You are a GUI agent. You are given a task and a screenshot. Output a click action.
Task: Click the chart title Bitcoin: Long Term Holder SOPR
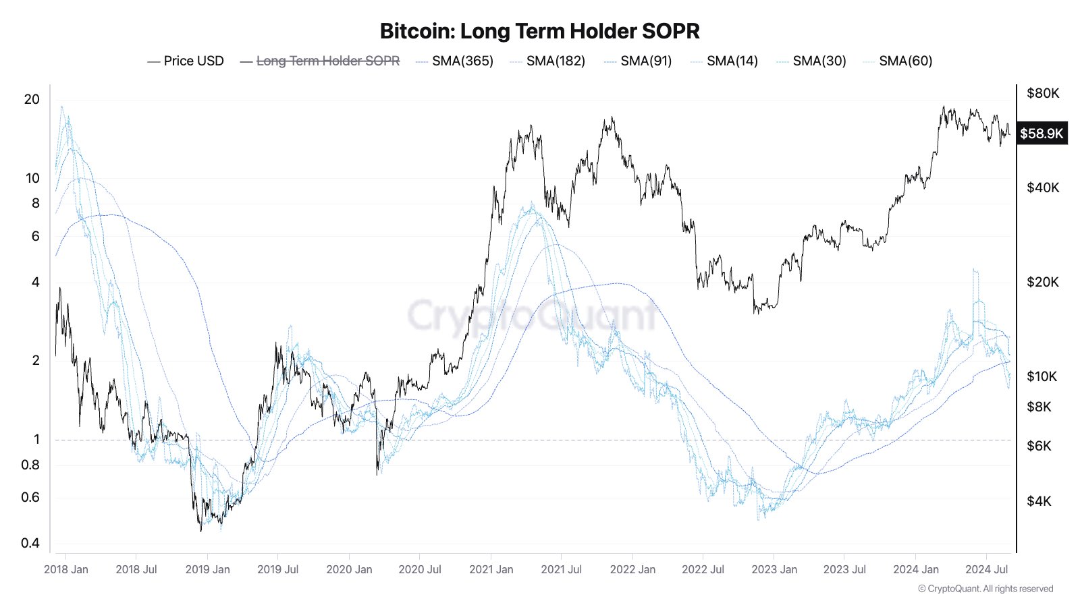[x=540, y=31]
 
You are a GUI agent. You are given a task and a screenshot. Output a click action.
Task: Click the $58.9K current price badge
[x=1042, y=134]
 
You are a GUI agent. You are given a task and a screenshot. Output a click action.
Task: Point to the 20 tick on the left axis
[x=32, y=99]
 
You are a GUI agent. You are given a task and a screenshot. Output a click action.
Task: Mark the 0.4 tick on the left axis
[x=30, y=543]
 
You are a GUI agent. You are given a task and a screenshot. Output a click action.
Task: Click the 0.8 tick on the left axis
[x=30, y=465]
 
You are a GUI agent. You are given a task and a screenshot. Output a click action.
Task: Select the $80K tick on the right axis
[x=1043, y=93]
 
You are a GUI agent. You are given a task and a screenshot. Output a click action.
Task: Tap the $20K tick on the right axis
[x=1043, y=282]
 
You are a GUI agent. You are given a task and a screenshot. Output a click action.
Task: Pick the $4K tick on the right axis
[x=1039, y=501]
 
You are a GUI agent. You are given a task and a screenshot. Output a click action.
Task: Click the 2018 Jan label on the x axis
[x=66, y=569]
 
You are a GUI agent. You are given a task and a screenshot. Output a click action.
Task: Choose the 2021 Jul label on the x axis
[x=561, y=569]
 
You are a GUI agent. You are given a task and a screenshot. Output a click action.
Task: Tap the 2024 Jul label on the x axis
[x=986, y=569]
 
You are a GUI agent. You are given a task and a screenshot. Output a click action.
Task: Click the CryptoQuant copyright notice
[x=986, y=589]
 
